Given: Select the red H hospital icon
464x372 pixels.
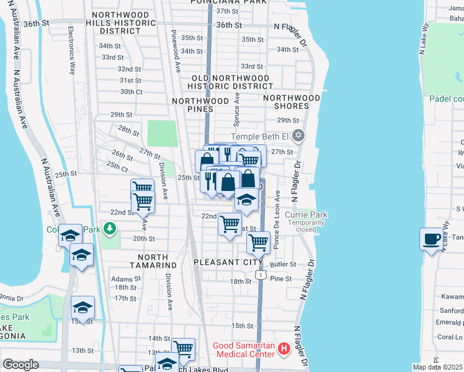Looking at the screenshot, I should (284, 349).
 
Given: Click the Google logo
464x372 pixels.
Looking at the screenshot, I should (21, 365).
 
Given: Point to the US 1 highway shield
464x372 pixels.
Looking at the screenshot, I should (263, 273).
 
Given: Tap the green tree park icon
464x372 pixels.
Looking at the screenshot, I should (110, 229).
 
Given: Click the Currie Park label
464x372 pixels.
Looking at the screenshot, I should (306, 215).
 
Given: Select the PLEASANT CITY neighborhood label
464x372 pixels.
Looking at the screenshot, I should (229, 262).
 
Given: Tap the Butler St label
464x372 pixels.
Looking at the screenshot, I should (283, 264).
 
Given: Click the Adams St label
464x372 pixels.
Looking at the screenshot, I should (123, 280).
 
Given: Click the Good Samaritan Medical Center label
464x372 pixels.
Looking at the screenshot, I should (243, 349).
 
